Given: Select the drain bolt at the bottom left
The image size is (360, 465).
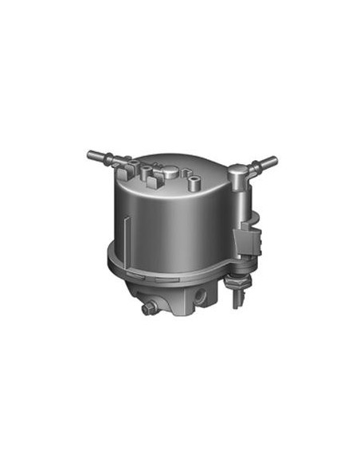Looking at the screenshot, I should (149, 307).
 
